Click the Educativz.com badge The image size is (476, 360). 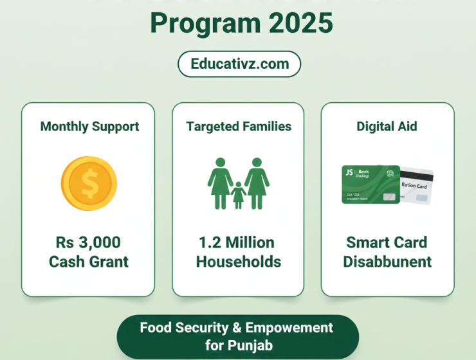point(239,64)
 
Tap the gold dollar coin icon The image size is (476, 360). point(89,185)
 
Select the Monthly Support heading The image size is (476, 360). point(89,126)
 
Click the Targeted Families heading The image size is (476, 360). point(239,126)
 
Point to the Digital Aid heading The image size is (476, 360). point(387,126)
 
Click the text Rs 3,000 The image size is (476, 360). point(89,243)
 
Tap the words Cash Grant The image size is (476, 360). point(89,262)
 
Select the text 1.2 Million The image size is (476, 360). point(238,243)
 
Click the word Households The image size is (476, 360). point(238,262)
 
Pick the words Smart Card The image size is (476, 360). point(387,243)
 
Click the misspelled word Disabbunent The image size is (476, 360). point(387,262)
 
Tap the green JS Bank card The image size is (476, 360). point(370,184)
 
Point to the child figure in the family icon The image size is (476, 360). point(238,195)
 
